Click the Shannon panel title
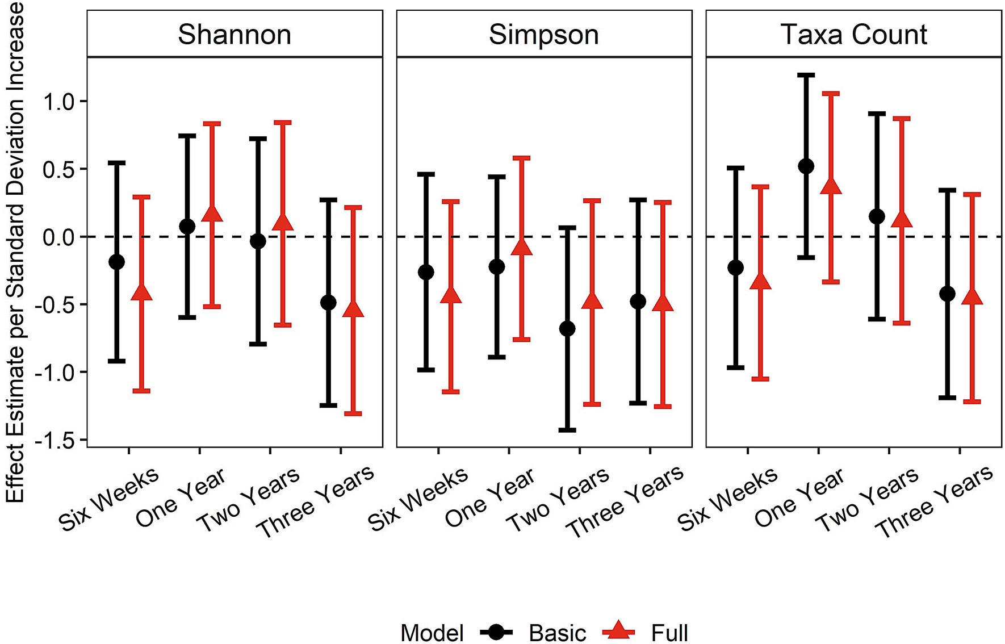(x=235, y=35)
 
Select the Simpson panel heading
(x=543, y=35)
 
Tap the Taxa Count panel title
(x=853, y=35)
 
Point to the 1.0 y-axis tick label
(x=59, y=102)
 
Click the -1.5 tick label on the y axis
(x=55, y=441)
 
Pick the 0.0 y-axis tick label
(x=59, y=237)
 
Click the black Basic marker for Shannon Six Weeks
(x=116, y=262)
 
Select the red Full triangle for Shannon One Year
(x=212, y=214)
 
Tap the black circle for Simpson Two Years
(x=567, y=329)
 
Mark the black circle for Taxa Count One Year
(x=806, y=166)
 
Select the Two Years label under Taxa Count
(x=867, y=500)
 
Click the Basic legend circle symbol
(x=496, y=632)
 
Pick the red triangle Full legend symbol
(x=618, y=631)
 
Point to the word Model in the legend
(x=432, y=633)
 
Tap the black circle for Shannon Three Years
(x=328, y=302)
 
